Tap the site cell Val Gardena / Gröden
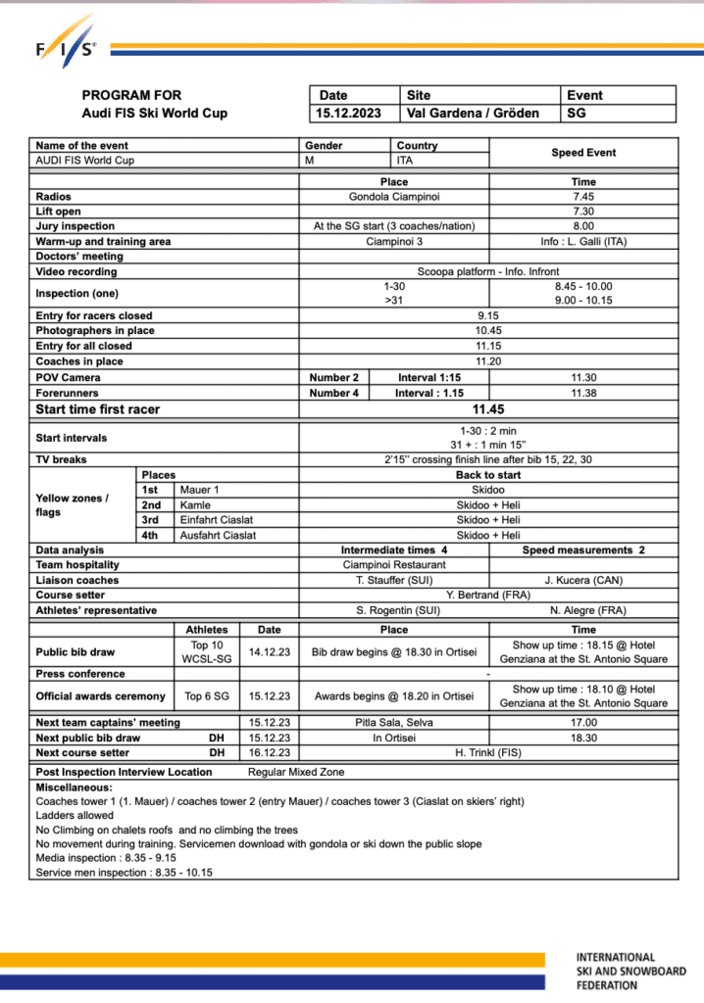click(x=473, y=113)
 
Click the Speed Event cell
click(x=582, y=153)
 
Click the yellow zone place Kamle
click(x=194, y=504)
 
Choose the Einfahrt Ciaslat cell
click(x=217, y=519)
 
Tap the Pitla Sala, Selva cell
click(x=393, y=723)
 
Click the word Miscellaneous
click(x=75, y=787)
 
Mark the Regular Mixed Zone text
click(x=296, y=772)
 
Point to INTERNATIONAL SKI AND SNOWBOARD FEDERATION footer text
click(x=630, y=971)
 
